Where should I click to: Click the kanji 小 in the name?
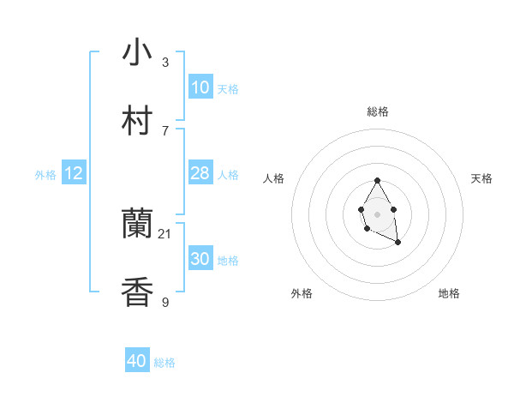tap(137, 52)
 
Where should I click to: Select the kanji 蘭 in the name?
tap(137, 225)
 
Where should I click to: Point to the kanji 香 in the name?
tap(137, 292)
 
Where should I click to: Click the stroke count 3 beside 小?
tap(165, 63)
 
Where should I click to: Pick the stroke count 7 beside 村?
tap(165, 130)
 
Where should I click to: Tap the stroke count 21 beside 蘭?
tap(165, 234)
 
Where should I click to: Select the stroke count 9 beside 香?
tap(165, 302)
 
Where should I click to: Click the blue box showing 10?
tap(200, 87)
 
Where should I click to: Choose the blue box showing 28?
tap(200, 173)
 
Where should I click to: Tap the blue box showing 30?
tap(200, 259)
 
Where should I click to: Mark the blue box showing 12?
tap(73, 173)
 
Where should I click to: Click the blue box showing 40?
tap(137, 362)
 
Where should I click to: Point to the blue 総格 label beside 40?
tap(164, 363)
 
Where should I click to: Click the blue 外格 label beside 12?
tap(45, 175)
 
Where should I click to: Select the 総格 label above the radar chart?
tap(377, 111)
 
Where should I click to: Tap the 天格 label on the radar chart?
tap(481, 178)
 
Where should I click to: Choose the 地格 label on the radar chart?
tap(449, 293)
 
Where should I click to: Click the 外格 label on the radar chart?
tap(302, 293)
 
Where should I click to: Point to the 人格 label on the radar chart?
tap(274, 178)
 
